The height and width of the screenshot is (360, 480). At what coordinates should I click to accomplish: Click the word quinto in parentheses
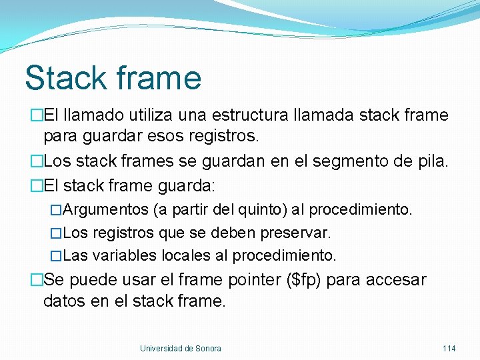263,210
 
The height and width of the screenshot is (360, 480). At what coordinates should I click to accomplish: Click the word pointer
251,280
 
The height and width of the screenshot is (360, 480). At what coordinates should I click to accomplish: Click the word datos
64,301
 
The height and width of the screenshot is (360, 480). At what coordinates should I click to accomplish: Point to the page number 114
449,348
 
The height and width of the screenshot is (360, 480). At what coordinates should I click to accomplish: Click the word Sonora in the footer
209,348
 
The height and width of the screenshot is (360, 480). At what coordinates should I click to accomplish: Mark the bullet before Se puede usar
36,280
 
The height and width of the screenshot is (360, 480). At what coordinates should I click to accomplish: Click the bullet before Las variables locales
56,255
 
